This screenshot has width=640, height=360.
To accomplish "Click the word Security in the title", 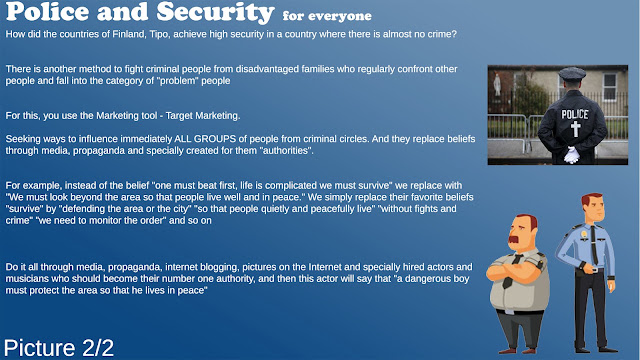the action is click(215, 12).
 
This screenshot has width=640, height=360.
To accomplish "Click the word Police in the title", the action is click(47, 11).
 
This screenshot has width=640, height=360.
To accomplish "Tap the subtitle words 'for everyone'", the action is click(327, 16).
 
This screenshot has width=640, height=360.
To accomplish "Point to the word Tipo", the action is click(159, 34).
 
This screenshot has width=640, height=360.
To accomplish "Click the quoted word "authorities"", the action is click(287, 151).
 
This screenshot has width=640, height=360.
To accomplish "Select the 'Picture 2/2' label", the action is click(59, 348).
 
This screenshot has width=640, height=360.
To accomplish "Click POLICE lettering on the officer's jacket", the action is click(575, 114).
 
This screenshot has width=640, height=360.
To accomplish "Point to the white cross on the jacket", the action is click(576, 129).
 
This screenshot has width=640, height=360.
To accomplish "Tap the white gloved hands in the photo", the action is click(572, 155).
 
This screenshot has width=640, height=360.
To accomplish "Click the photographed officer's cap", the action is click(572, 73).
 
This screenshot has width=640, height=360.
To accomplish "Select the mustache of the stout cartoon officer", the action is click(516, 239).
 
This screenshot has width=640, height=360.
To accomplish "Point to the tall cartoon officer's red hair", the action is click(591, 199).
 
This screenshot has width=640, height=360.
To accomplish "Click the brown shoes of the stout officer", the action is click(518, 350).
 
